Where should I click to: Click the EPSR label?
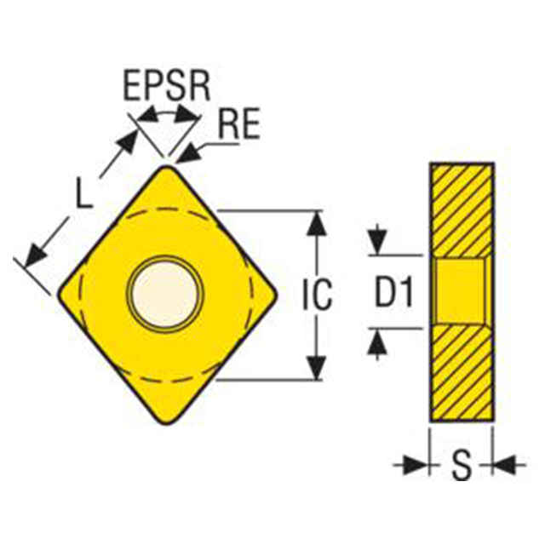[x=167, y=85]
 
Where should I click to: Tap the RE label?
[x=239, y=123]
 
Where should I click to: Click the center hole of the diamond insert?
[x=164, y=294]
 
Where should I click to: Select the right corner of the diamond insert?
[x=273, y=294]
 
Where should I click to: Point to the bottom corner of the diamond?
[x=167, y=420]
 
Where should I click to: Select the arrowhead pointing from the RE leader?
[x=187, y=155]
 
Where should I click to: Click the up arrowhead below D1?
[x=376, y=342]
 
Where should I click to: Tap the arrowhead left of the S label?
[x=415, y=464]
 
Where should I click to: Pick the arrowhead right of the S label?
[x=505, y=464]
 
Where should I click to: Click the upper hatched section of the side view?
[x=462, y=211]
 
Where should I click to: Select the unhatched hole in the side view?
[x=460, y=291]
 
